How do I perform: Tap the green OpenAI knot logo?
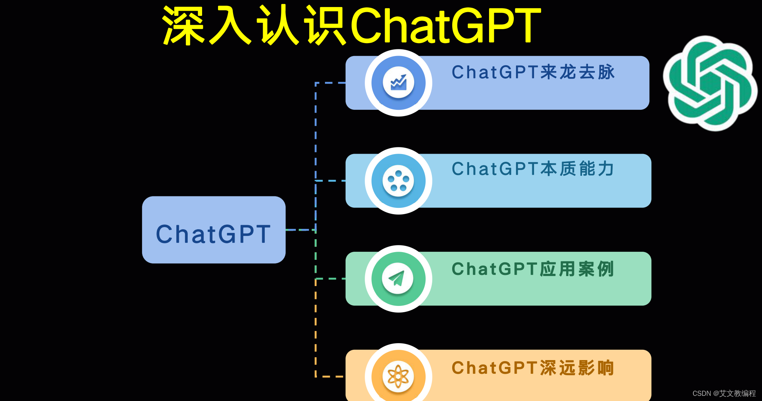(x=710, y=83)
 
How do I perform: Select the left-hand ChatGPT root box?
(x=214, y=230)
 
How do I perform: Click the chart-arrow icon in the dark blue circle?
(x=398, y=83)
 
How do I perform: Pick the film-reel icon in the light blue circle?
(x=398, y=181)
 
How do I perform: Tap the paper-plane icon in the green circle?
(x=398, y=279)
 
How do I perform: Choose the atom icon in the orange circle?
(x=398, y=376)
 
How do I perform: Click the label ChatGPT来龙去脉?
(x=533, y=72)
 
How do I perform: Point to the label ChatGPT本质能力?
(x=533, y=169)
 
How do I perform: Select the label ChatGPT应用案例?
(x=533, y=269)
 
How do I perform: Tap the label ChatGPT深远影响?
(x=533, y=368)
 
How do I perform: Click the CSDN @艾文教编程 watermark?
(x=724, y=393)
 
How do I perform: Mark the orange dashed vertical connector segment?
(x=316, y=328)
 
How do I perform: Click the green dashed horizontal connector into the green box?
(x=330, y=279)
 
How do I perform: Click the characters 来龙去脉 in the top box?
(x=578, y=72)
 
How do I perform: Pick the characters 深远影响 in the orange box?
(x=577, y=368)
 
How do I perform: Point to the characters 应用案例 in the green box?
(x=577, y=269)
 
